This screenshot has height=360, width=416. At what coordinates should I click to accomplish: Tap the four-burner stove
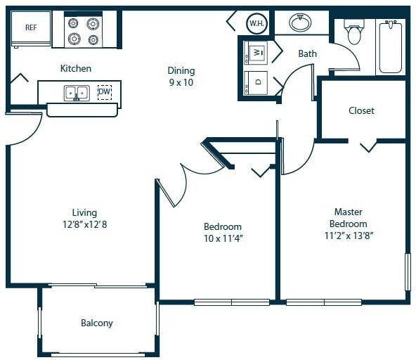83,31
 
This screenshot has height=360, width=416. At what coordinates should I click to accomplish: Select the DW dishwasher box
104,91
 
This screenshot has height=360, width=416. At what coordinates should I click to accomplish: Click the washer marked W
256,52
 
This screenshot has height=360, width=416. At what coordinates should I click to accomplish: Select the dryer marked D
256,82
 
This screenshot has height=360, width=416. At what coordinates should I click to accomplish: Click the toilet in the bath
353,32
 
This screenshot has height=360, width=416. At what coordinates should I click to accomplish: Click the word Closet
361,110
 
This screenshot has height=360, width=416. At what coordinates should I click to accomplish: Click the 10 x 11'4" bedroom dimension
223,238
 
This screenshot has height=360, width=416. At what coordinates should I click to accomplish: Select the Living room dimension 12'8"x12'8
84,224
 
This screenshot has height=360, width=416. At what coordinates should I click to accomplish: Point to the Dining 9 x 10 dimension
181,82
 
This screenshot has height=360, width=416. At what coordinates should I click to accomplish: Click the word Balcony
97,323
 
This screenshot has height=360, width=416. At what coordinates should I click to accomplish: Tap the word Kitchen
76,68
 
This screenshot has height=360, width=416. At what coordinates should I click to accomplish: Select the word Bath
307,53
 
